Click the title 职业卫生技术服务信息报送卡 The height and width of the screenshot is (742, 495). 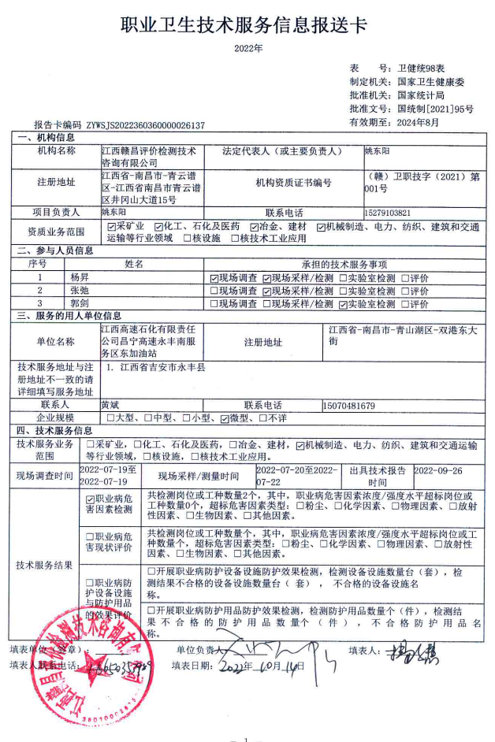[x=244, y=26]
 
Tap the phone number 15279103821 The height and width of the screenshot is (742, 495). [x=388, y=213]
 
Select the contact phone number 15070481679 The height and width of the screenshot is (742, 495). [x=348, y=406]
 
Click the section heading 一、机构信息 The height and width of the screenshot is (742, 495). [x=44, y=138]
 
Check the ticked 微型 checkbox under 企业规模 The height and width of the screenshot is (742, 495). [x=224, y=417]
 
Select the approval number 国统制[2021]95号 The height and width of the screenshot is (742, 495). [x=435, y=109]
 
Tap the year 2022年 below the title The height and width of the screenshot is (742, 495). [x=248, y=49]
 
